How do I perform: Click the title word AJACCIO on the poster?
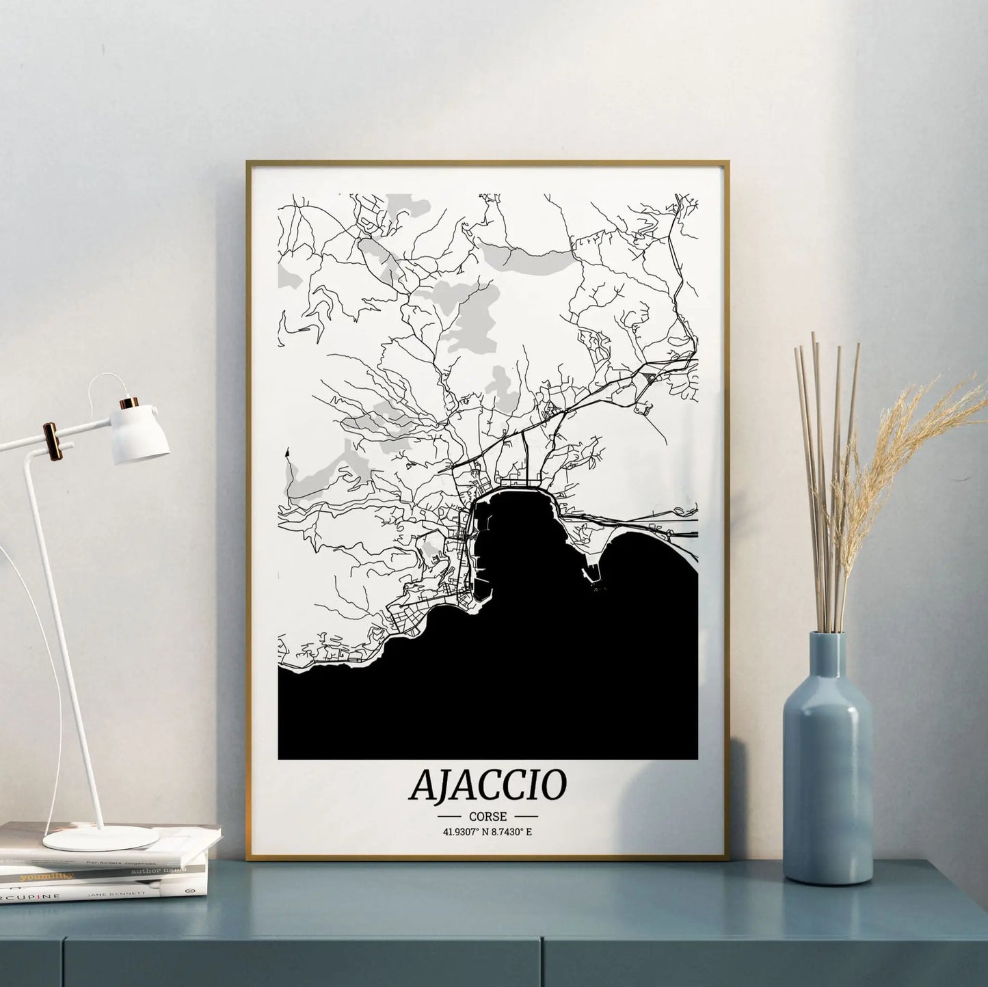pyautogui.click(x=488, y=785)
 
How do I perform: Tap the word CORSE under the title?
pyautogui.click(x=488, y=816)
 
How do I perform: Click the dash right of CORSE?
pyautogui.click(x=526, y=816)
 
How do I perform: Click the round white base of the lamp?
pyautogui.click(x=101, y=838)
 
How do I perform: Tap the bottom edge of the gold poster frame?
pyautogui.click(x=488, y=858)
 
